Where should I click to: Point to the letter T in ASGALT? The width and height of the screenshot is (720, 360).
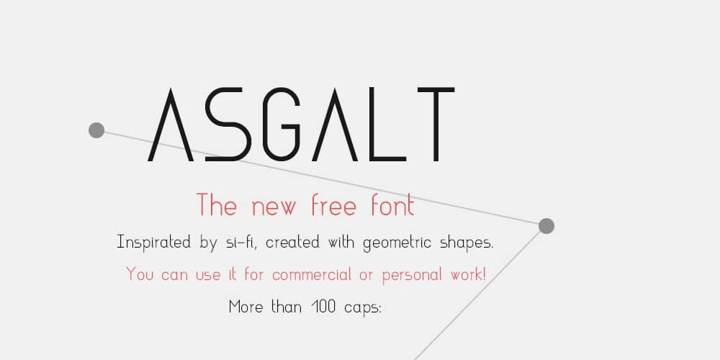point(434,125)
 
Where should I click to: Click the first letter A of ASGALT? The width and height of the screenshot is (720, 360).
point(170,125)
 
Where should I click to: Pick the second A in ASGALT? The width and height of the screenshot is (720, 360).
point(334,125)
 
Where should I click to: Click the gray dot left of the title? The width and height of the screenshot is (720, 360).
point(96,130)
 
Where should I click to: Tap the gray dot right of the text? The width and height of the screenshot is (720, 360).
point(546,226)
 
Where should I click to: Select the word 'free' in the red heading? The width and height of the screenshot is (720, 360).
point(333,206)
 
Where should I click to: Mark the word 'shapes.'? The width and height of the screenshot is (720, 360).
point(465,243)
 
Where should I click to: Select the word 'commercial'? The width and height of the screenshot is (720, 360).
point(312,274)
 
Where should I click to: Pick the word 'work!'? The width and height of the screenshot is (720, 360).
point(469,274)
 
